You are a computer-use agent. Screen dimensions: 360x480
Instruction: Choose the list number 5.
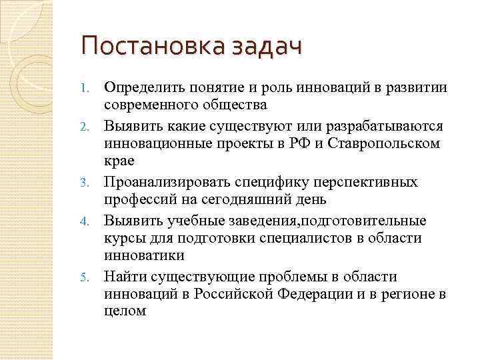(x=84, y=276)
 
